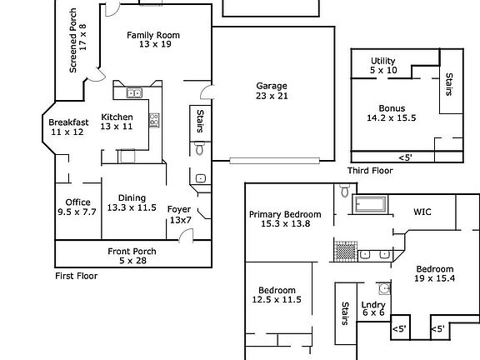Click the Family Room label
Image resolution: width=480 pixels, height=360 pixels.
(x=153, y=35)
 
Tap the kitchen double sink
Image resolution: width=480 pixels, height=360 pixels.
(x=134, y=92)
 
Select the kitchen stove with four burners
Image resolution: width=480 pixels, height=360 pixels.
(x=154, y=120)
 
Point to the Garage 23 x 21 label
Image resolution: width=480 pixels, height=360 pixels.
(x=272, y=91)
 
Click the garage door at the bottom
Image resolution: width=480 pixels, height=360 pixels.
(x=275, y=160)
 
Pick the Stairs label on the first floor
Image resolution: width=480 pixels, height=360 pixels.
(x=200, y=121)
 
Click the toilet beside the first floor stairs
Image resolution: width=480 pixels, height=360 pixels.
(x=200, y=147)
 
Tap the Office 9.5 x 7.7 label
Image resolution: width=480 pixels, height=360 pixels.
(x=77, y=207)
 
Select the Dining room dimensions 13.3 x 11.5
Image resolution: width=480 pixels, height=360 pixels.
(x=132, y=207)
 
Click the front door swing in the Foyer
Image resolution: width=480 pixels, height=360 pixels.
(x=186, y=235)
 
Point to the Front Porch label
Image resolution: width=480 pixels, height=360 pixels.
(x=132, y=252)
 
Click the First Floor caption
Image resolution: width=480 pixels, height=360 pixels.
(x=77, y=276)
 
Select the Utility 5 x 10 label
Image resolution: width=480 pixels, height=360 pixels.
(x=383, y=65)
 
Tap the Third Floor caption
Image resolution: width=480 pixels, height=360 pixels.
(x=370, y=171)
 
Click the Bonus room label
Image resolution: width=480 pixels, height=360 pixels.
(x=392, y=108)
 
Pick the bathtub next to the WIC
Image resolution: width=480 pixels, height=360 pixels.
(x=370, y=204)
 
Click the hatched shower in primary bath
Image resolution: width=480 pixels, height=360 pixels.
(x=346, y=252)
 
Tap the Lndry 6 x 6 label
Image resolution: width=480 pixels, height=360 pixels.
(x=373, y=308)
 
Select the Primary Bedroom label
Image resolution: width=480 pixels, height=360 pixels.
(x=285, y=214)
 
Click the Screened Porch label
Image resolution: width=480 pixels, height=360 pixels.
(x=73, y=40)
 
